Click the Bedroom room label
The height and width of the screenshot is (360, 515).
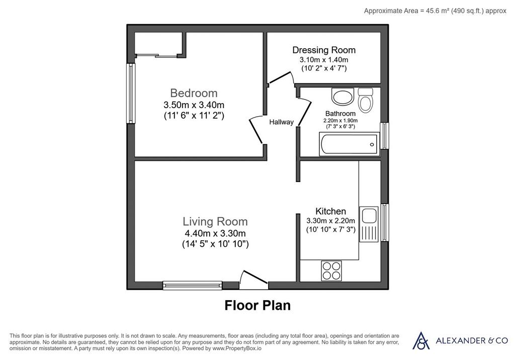click(194, 94)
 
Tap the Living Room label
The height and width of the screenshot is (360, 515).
click(215, 222)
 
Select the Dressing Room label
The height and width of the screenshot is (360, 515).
click(324, 50)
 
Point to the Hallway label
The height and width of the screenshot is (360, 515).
click(282, 122)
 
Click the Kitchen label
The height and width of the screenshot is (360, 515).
click(331, 211)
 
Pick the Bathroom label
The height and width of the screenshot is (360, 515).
click(340, 114)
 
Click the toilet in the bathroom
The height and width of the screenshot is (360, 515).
click(365, 100)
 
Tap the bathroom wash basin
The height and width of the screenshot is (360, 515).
click(342, 96)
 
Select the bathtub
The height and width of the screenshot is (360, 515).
click(350, 144)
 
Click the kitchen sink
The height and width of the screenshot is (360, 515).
click(369, 224)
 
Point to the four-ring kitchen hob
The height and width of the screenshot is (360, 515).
click(331, 271)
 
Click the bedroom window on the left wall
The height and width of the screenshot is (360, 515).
click(131, 94)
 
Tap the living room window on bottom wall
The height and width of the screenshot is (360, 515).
click(193, 285)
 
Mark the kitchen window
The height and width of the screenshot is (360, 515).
click(385, 222)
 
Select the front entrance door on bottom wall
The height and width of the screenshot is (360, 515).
click(253, 280)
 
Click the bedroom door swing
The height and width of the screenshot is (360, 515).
click(257, 130)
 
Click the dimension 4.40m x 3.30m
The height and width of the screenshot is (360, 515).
click(215, 233)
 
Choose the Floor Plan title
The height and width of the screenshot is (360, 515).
click(257, 305)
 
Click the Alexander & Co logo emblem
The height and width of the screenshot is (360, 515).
click(421, 340)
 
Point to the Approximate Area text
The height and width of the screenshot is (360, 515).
click(435, 11)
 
